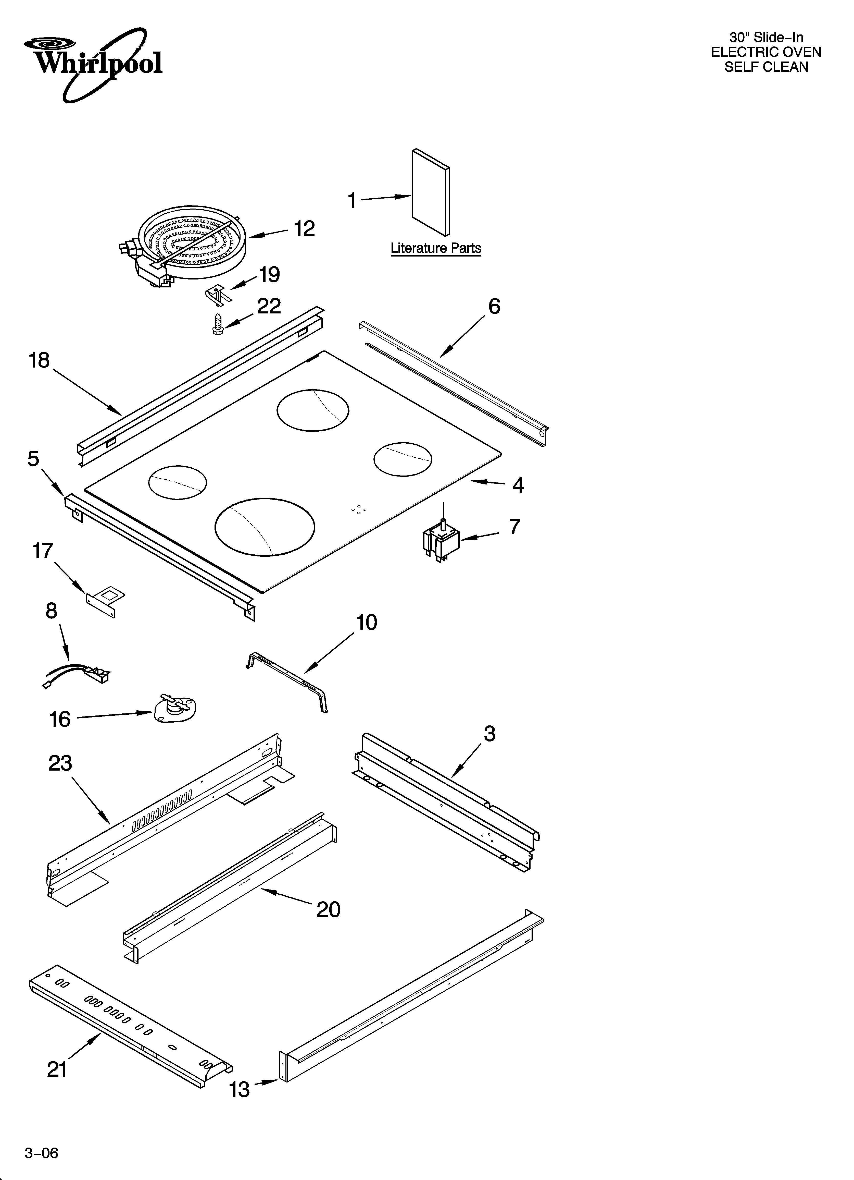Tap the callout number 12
tap(304, 229)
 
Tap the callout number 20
tap(328, 909)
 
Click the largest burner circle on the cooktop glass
tap(265, 527)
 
